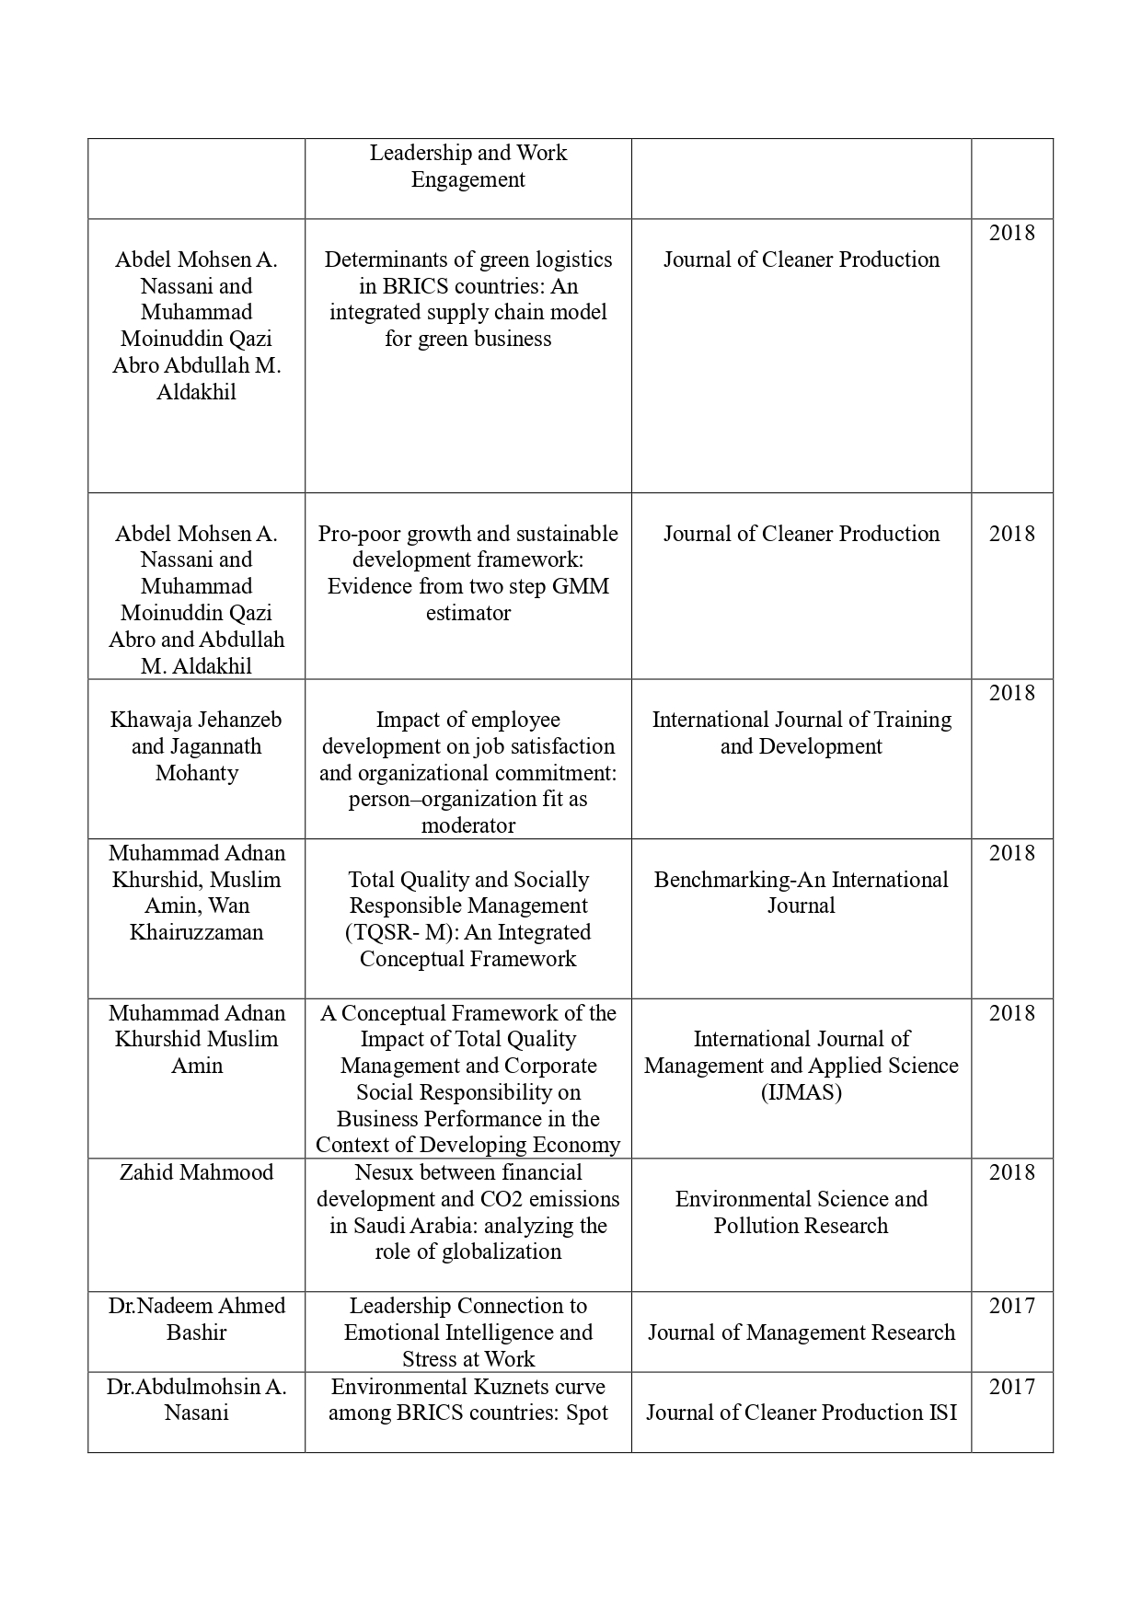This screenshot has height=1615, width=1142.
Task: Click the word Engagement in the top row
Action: pyautogui.click(x=467, y=179)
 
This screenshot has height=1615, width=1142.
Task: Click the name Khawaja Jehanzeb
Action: pyautogui.click(x=196, y=720)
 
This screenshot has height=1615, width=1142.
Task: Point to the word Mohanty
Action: pyautogui.click(x=196, y=773)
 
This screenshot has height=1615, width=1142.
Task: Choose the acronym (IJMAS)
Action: pyautogui.click(x=801, y=1092)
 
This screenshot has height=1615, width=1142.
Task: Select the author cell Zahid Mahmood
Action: pyautogui.click(x=196, y=1172)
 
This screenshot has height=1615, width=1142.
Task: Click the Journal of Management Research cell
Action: pyautogui.click(x=801, y=1332)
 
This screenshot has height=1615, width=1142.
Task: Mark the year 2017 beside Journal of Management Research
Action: pyautogui.click(x=1011, y=1306)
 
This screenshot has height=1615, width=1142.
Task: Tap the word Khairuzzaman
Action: pyautogui.click(x=196, y=932)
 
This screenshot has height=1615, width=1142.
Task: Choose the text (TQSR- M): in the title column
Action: pyautogui.click(x=402, y=932)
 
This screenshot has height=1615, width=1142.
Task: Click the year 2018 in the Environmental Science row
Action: pyautogui.click(x=1011, y=1172)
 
